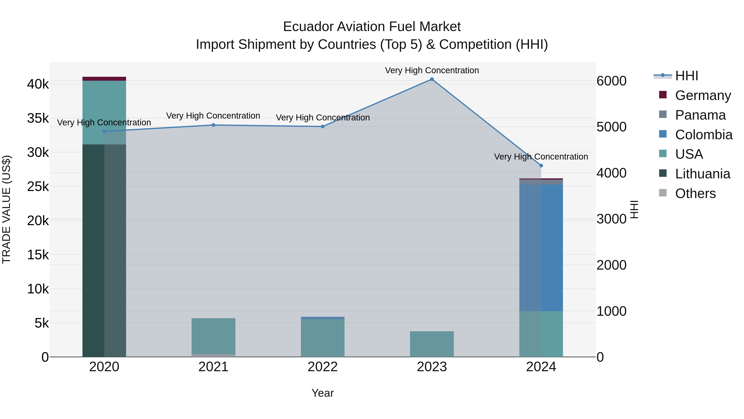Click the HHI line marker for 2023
point(432,79)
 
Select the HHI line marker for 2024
point(541,166)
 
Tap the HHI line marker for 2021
point(213,125)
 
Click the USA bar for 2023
point(432,344)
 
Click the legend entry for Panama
point(700,115)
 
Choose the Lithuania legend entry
point(702,174)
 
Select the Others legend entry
point(695,193)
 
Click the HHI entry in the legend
point(687,76)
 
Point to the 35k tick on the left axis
point(38,118)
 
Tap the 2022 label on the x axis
point(323,367)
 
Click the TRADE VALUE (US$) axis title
point(6,209)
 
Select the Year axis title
point(323,393)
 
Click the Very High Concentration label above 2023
point(432,70)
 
